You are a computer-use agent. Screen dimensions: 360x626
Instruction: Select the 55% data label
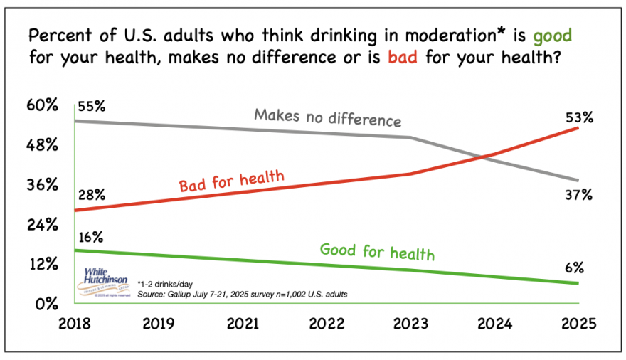click(x=92, y=107)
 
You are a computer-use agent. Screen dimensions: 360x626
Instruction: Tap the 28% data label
click(x=92, y=194)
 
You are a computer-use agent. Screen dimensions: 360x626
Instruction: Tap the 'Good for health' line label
click(x=377, y=251)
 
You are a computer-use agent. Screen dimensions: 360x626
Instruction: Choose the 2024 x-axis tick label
click(x=494, y=324)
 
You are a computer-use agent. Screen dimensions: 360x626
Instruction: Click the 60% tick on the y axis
click(x=42, y=107)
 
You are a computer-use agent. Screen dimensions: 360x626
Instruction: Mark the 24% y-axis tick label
click(x=42, y=225)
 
